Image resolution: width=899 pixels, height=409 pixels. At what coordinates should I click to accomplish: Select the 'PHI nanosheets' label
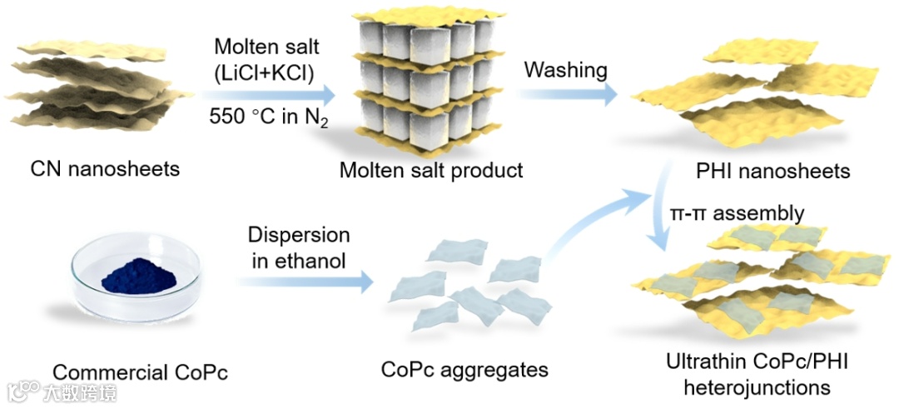[772, 171]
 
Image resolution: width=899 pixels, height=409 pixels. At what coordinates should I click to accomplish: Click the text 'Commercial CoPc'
[140, 371]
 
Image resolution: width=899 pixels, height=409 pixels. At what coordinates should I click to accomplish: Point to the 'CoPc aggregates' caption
[464, 367]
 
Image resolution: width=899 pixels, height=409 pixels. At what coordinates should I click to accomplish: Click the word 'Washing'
[566, 70]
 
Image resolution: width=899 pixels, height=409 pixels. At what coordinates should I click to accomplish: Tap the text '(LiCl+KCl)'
[264, 73]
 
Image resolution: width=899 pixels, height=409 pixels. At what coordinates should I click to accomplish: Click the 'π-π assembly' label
[737, 213]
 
